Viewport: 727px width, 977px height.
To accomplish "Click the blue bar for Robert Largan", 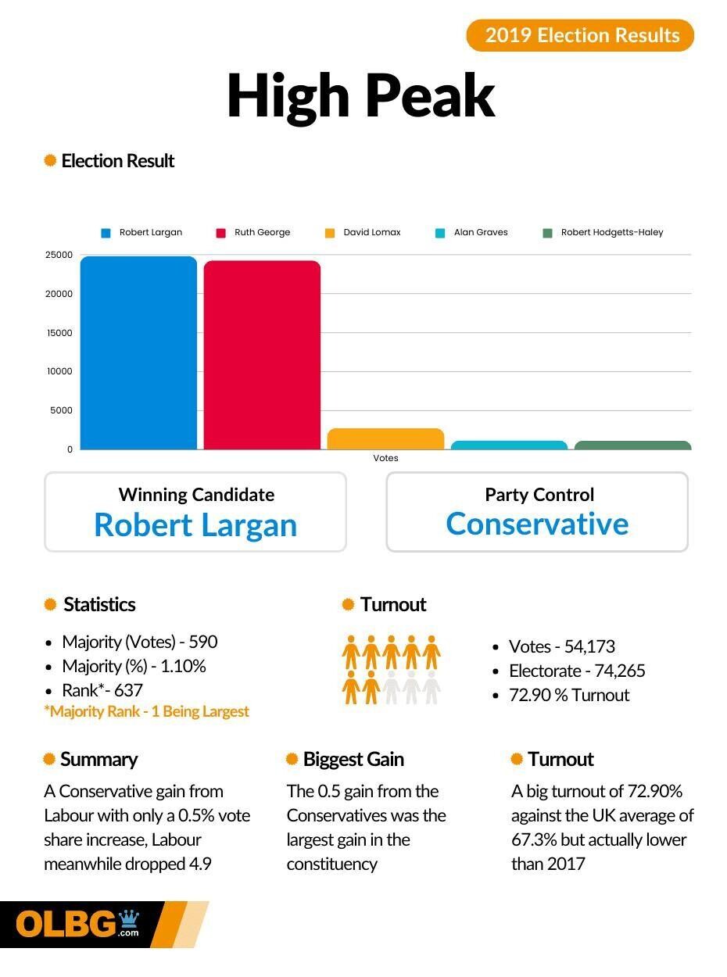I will click(138, 353).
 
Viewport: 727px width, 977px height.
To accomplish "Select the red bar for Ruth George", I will click(262, 356).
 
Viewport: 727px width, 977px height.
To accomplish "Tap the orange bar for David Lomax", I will click(385, 439).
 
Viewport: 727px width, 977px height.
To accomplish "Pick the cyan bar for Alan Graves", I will click(509, 446).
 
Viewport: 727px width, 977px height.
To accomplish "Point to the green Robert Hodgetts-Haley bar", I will click(632, 446).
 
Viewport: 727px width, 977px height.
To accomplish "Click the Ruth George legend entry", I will click(253, 232).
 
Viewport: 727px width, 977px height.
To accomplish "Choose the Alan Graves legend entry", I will click(472, 232).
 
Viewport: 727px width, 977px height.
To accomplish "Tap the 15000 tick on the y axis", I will click(59, 333).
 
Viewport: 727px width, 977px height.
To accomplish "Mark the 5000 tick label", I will click(62, 410).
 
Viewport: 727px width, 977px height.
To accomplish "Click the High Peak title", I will click(361, 96).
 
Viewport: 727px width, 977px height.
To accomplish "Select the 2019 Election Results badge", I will click(580, 35).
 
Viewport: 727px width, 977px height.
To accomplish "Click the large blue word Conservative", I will click(537, 524).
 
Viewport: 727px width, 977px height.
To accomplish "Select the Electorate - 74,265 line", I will click(577, 671).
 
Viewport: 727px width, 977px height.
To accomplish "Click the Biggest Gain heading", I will click(353, 759).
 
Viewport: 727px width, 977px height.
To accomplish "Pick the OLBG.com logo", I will click(78, 924).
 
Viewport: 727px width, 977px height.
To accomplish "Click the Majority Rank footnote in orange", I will click(147, 711).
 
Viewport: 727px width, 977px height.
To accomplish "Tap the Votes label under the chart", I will click(385, 458).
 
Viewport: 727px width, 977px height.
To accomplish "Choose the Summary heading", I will click(98, 759).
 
